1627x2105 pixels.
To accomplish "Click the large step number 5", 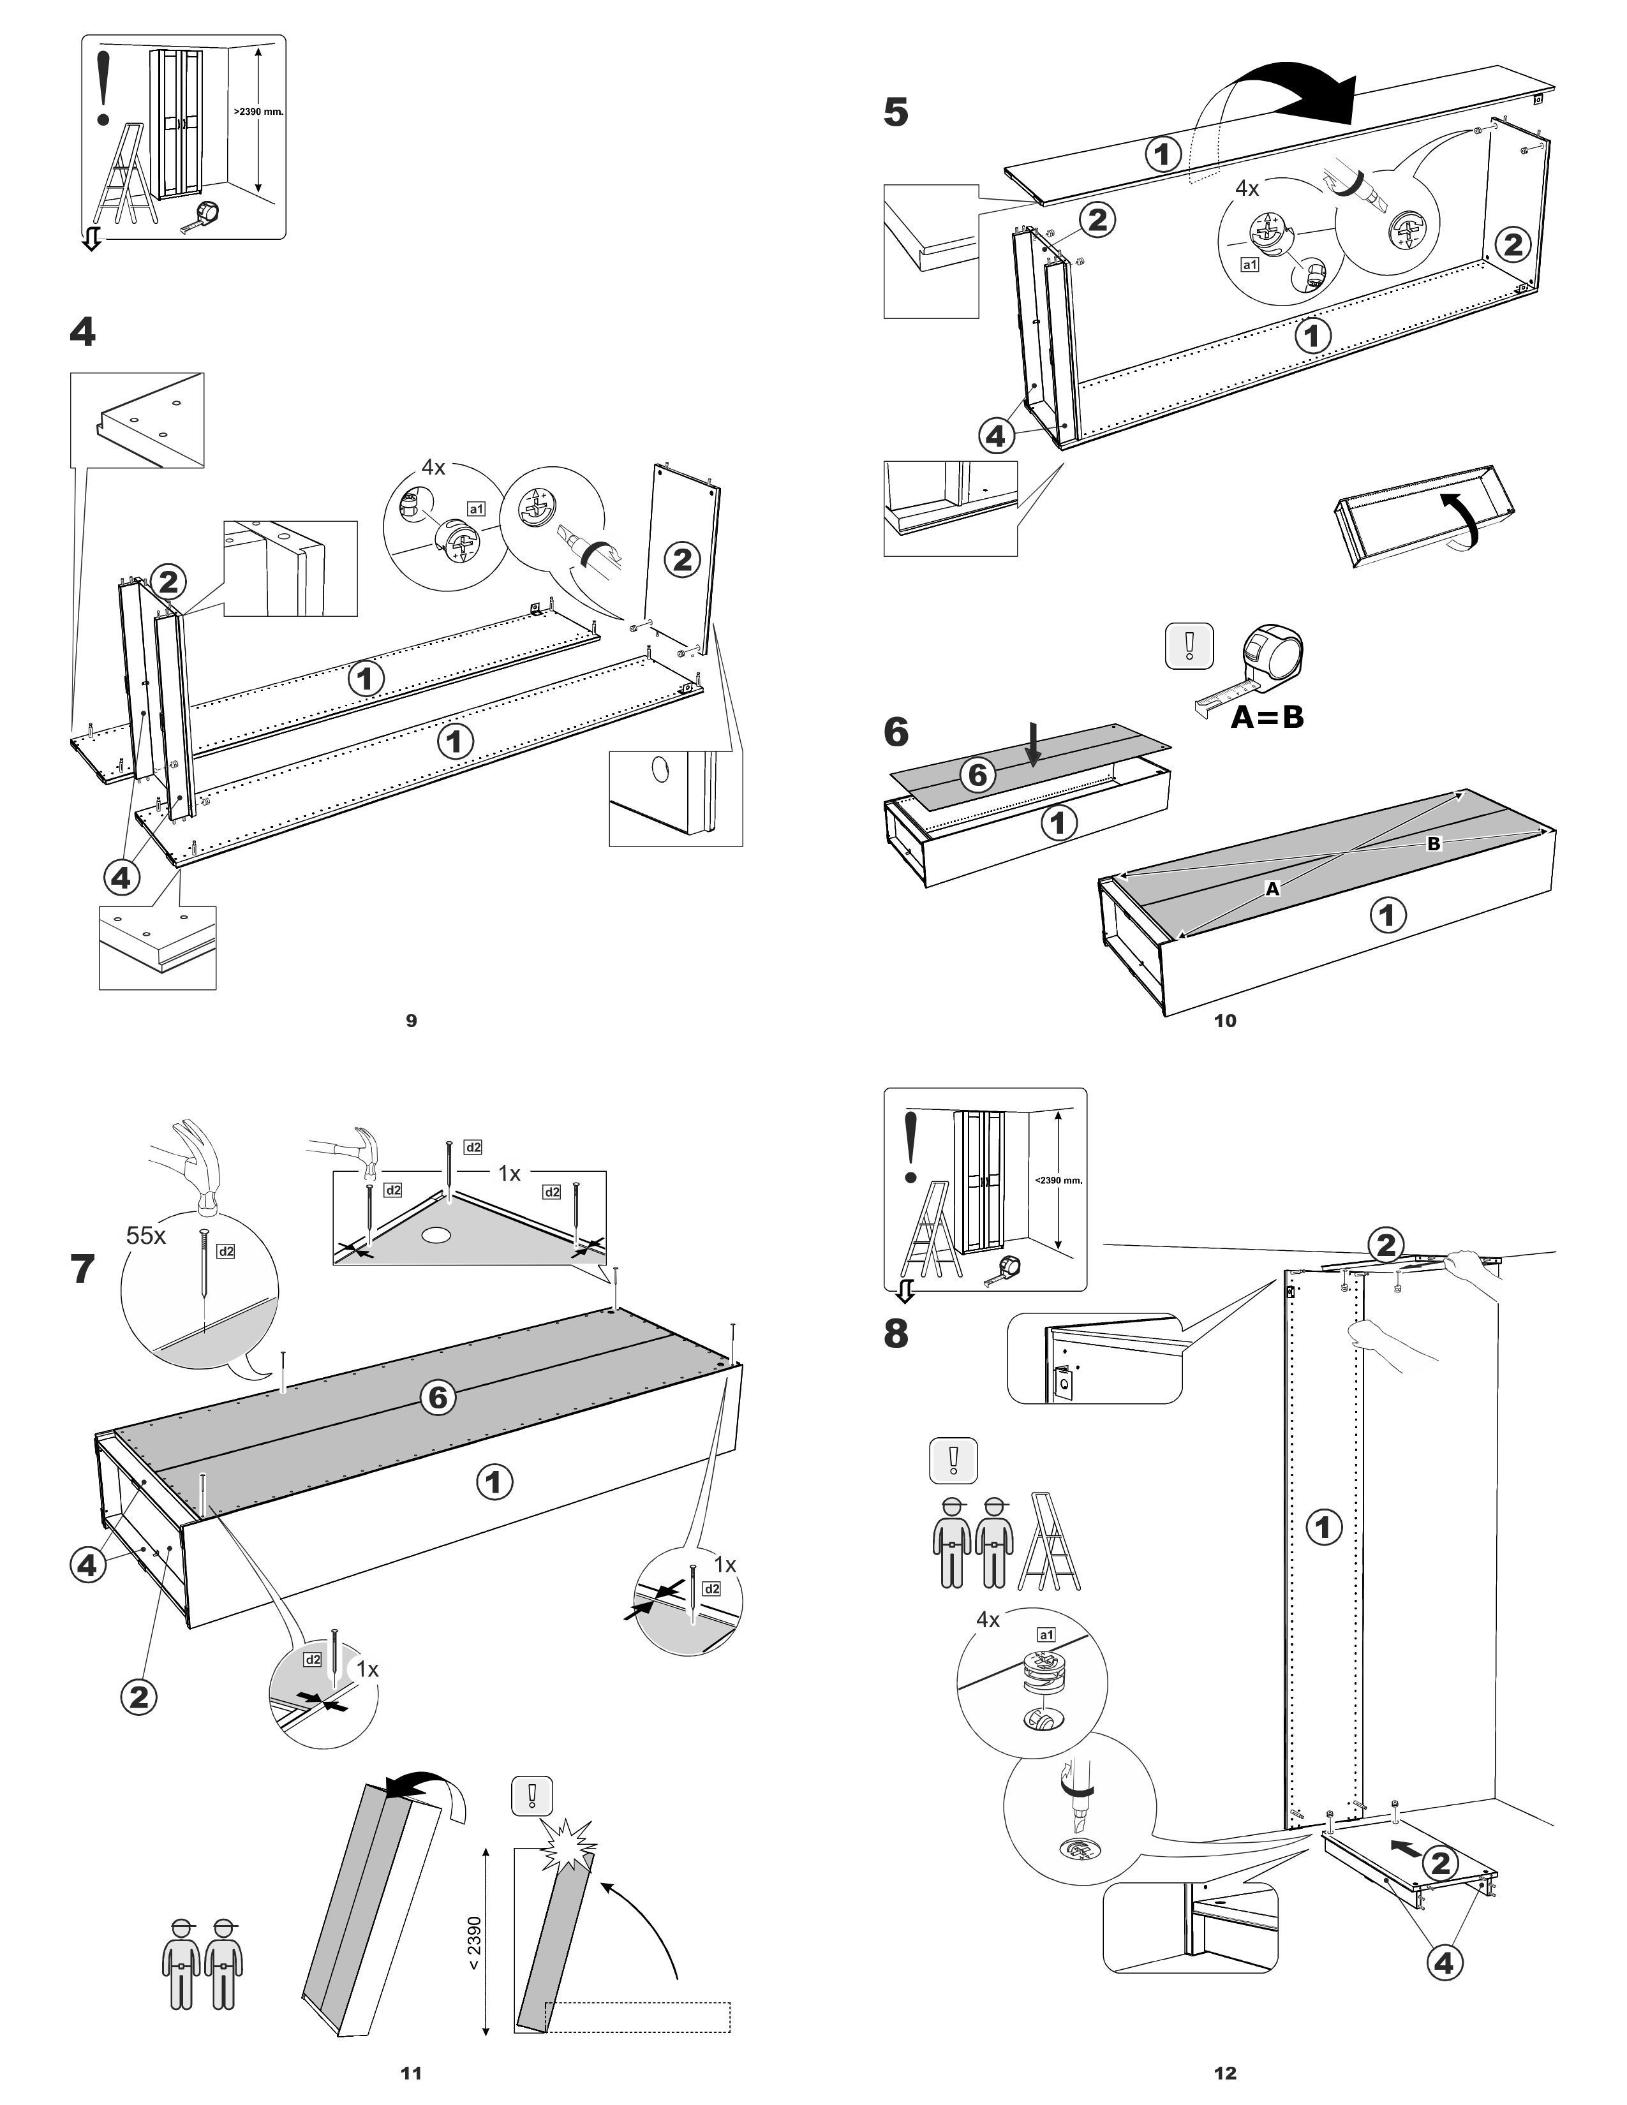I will click(895, 113).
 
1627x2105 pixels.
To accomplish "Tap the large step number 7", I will click(84, 1268).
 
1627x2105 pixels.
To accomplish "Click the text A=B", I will click(1267, 717).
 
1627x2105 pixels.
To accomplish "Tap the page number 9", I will click(412, 1021).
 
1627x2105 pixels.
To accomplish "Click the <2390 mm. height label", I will click(1059, 1179).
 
